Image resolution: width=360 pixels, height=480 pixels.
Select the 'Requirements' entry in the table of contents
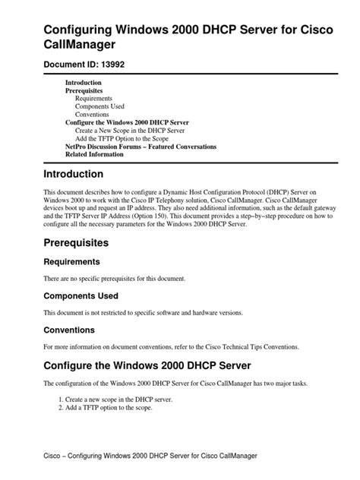[94, 98]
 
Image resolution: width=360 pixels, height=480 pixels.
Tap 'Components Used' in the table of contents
[99, 106]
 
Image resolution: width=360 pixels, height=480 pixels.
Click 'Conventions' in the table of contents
[93, 114]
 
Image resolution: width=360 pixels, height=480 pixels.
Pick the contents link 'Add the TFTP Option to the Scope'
[123, 137]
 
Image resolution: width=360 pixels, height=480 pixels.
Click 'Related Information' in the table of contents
[94, 153]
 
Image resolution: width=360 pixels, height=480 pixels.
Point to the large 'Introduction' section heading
[84, 174]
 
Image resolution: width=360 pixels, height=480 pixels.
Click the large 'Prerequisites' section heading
[87, 242]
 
